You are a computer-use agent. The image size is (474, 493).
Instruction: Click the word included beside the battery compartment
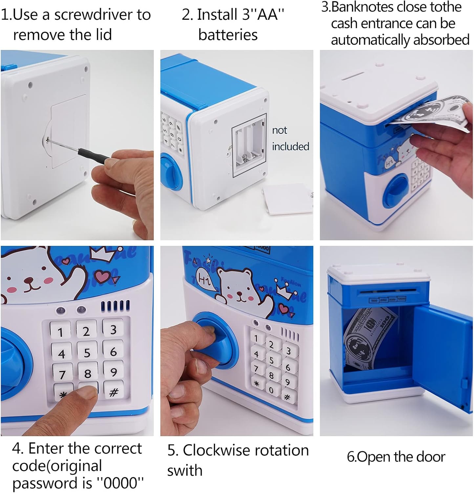click(x=291, y=146)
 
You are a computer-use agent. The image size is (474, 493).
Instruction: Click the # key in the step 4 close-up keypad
click(x=114, y=391)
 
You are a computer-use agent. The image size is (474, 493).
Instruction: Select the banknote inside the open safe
click(x=369, y=339)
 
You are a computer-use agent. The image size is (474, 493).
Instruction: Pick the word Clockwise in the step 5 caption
click(x=216, y=450)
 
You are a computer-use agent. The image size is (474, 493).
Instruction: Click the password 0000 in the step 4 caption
click(x=120, y=483)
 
